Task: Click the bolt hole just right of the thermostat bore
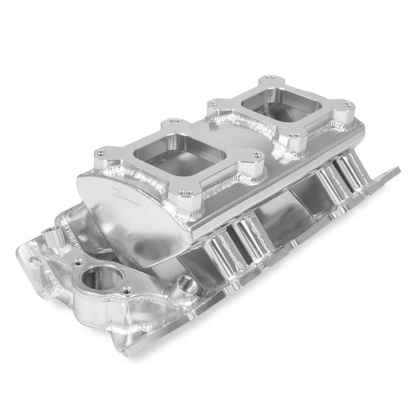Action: point(126,292)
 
